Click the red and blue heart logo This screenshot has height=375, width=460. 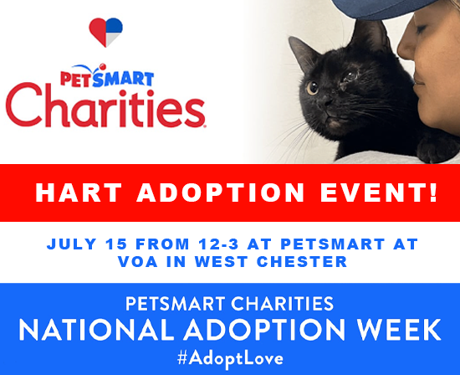click(x=106, y=31)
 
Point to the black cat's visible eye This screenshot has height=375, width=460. click(x=312, y=87)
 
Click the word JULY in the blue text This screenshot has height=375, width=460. click(x=69, y=244)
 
